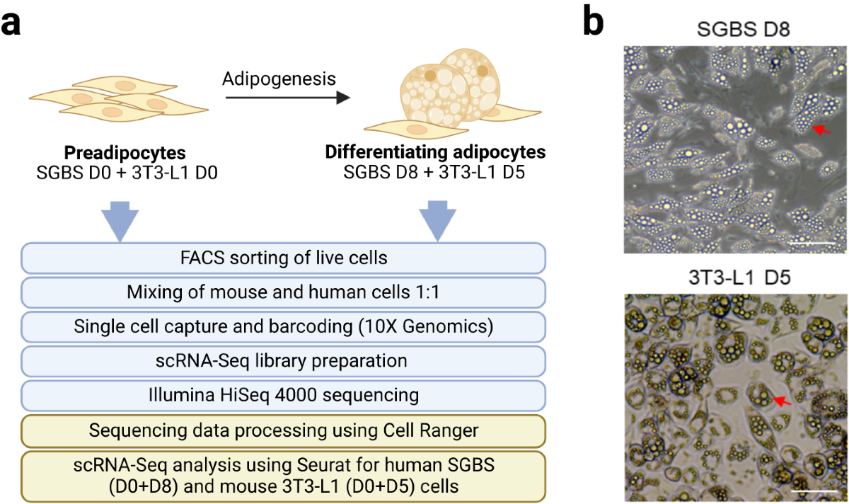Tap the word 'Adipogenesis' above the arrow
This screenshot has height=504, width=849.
click(x=279, y=78)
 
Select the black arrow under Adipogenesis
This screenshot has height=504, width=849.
click(x=287, y=98)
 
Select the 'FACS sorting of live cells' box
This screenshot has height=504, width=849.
click(x=284, y=258)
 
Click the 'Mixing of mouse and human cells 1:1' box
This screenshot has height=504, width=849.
click(x=284, y=292)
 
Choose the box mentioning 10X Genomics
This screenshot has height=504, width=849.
click(x=284, y=327)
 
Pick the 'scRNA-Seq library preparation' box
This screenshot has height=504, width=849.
click(x=284, y=361)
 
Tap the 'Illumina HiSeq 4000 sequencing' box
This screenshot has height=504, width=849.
click(x=284, y=395)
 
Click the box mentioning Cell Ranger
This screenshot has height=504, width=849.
click(x=284, y=430)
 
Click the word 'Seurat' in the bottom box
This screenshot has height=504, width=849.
click(x=300, y=464)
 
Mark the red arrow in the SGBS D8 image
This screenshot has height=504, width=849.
click(x=821, y=130)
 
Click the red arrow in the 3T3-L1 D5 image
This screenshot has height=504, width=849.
click(x=782, y=401)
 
